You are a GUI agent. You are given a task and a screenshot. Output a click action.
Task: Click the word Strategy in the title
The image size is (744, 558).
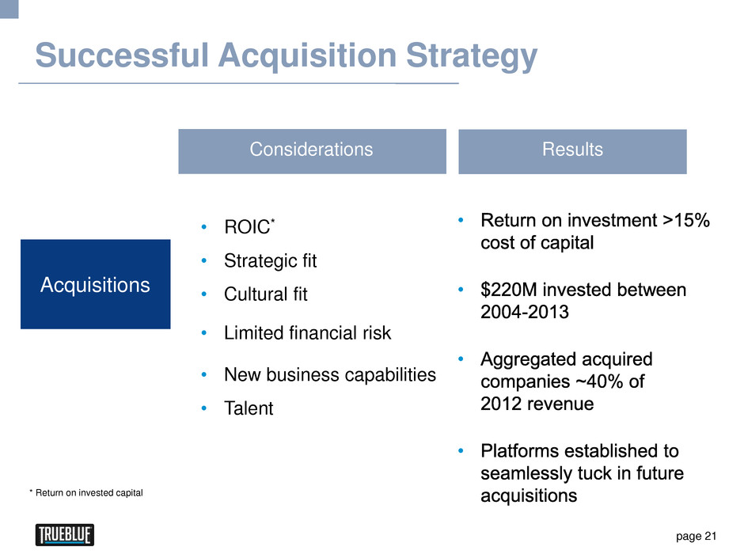pyautogui.click(x=472, y=57)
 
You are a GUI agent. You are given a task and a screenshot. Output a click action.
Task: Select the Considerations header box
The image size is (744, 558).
pyautogui.click(x=312, y=151)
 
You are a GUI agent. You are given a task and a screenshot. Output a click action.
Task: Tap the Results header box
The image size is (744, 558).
pyautogui.click(x=572, y=151)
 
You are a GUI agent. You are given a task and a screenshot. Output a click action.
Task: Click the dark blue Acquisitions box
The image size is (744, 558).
pyautogui.click(x=95, y=284)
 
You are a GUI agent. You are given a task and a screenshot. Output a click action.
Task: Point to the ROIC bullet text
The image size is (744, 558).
pyautogui.click(x=249, y=226)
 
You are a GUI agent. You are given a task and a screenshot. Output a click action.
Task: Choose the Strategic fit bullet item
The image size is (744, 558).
pyautogui.click(x=270, y=261)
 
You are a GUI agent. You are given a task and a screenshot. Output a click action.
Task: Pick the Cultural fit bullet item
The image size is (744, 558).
pyautogui.click(x=266, y=294)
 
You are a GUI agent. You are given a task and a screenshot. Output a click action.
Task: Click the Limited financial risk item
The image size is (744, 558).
pyautogui.click(x=307, y=332)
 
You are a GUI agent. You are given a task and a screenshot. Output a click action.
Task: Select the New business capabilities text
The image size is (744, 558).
pyautogui.click(x=330, y=375)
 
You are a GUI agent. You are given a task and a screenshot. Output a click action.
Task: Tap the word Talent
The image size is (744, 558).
pyautogui.click(x=249, y=408)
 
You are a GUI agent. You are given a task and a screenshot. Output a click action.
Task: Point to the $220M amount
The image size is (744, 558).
pyautogui.click(x=509, y=290)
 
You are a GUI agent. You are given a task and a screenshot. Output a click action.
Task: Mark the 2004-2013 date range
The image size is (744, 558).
pyautogui.click(x=524, y=312)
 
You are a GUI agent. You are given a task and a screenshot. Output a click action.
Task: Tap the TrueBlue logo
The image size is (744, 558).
pyautogui.click(x=65, y=535)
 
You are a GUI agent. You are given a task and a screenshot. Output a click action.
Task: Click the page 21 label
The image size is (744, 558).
pyautogui.click(x=696, y=536)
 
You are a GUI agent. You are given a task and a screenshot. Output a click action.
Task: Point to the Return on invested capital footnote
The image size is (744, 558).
pyautogui.click(x=86, y=493)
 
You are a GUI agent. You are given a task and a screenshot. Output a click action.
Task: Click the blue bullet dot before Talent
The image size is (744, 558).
pyautogui.click(x=204, y=408)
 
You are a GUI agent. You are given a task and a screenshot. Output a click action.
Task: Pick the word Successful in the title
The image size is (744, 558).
pyautogui.click(x=122, y=55)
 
